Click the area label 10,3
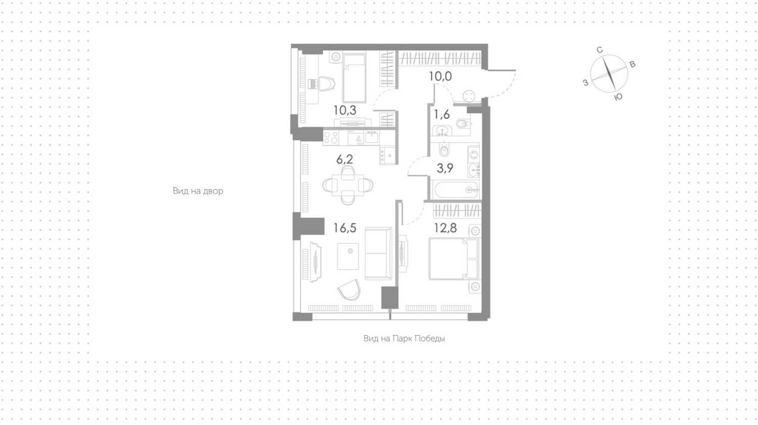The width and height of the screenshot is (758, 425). coord(345,110)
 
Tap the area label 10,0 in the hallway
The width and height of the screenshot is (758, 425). coord(440,76)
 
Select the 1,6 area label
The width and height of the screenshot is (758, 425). coord(442,115)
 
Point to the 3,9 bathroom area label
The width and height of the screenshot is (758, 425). coord(445,168)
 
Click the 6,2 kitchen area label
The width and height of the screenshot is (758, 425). coord(345,159)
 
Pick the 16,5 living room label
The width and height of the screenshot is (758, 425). coord(345,228)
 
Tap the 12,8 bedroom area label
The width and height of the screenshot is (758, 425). coord(445,228)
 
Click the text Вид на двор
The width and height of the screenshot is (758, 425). coord(198,191)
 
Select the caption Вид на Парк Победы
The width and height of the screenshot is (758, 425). coord(404,339)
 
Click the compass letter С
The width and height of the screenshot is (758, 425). coord(600,50)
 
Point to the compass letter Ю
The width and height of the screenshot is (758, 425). coord(618,97)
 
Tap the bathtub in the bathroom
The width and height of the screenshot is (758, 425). coord(456,190)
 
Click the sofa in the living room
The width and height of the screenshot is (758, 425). coord(378,253)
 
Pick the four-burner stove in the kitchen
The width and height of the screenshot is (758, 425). coord(330,138)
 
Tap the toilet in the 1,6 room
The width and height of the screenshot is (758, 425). coord(462,124)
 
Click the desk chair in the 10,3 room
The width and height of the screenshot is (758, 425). coord(325,83)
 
